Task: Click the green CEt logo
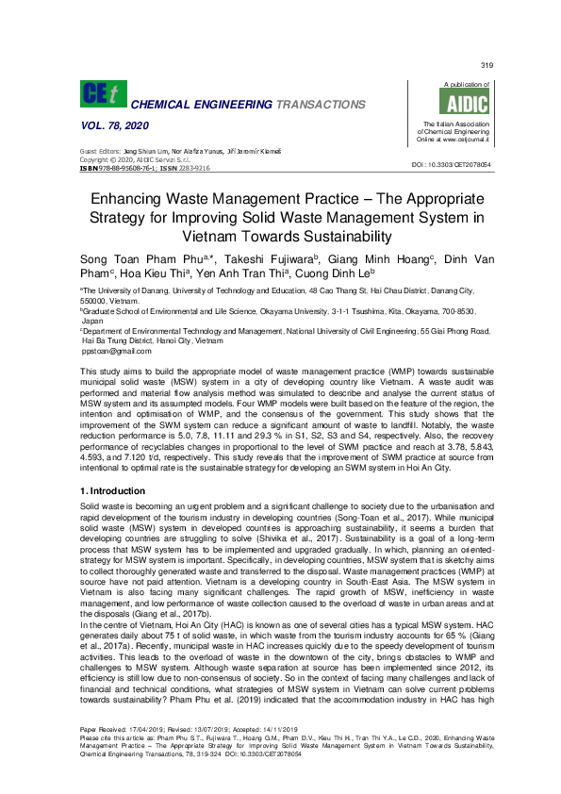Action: pyautogui.click(x=102, y=93)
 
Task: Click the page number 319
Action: pyautogui.click(x=487, y=65)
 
